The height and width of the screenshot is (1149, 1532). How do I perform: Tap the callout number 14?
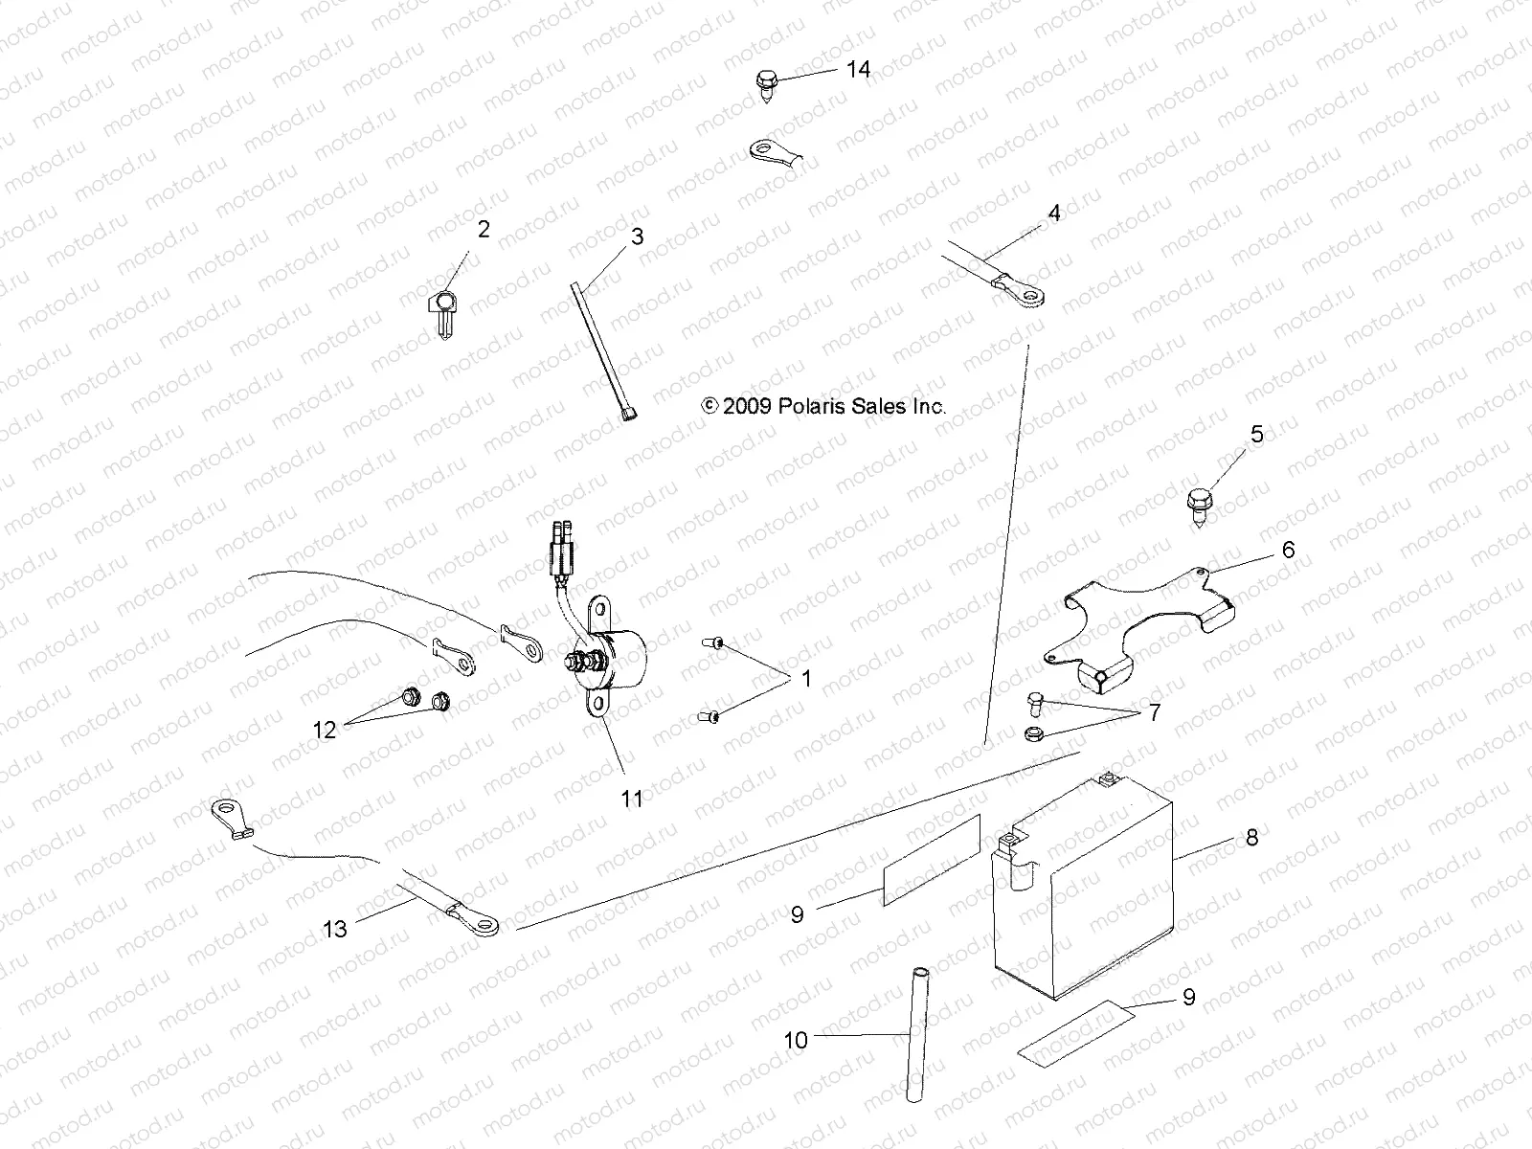858,69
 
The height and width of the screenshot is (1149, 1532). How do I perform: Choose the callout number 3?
637,237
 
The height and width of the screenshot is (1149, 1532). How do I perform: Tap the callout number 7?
1154,713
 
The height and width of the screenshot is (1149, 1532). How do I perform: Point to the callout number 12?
325,730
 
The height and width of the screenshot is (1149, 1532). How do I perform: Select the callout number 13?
335,928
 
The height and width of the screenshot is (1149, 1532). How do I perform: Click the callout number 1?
806,679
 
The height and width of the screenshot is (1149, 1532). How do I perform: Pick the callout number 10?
797,1040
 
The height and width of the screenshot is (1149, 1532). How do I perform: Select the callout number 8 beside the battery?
1251,838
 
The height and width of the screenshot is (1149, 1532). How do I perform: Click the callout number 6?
1288,550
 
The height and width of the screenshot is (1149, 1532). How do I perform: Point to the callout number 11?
632,798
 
